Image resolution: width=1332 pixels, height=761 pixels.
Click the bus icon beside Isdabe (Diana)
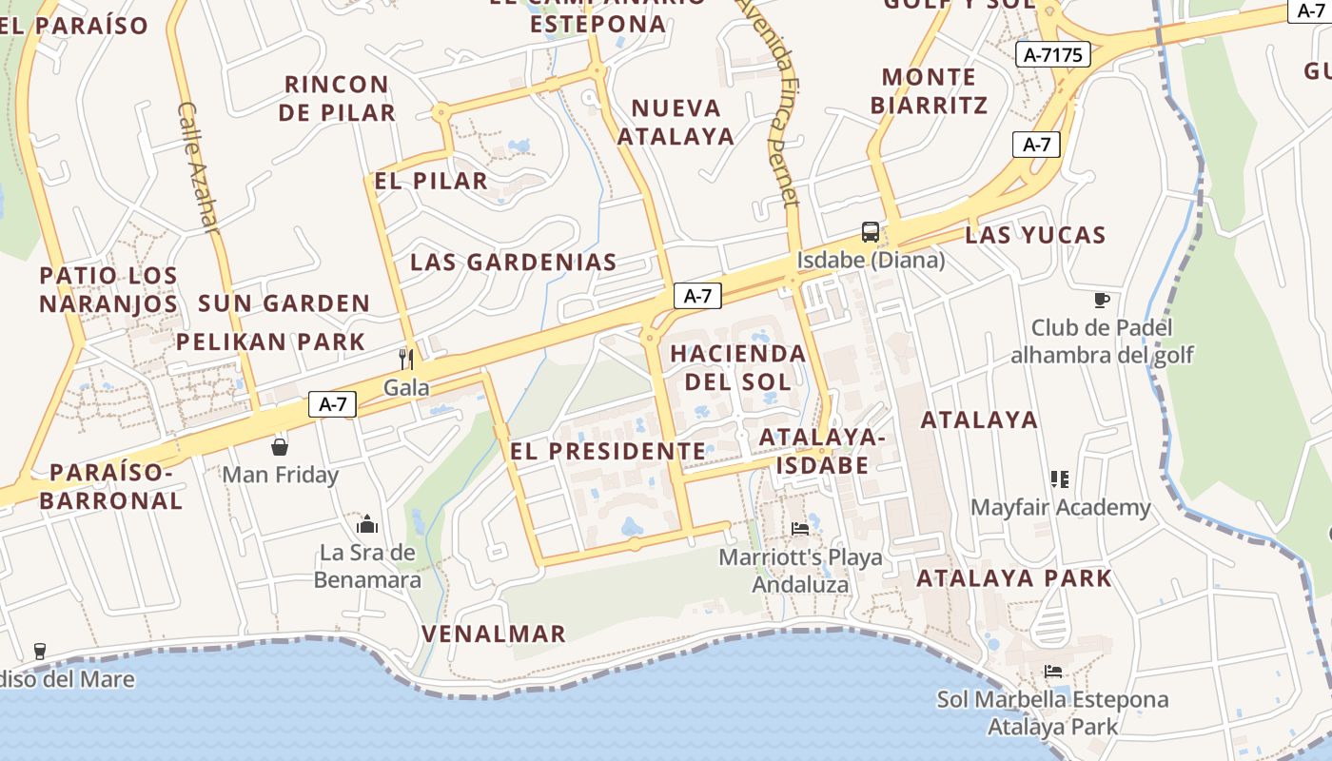tap(870, 231)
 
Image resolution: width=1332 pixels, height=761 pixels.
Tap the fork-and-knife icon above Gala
tap(406, 359)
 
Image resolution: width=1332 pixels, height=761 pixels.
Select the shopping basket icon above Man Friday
tap(280, 446)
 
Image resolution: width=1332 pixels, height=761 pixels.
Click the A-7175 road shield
tap(1052, 55)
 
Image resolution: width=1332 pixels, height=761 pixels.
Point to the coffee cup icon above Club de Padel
tap(1102, 301)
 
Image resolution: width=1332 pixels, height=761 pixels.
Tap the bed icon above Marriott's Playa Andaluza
tap(800, 528)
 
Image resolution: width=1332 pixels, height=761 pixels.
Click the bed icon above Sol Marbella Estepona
tap(1053, 672)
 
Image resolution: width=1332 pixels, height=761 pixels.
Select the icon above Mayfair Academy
tap(1060, 478)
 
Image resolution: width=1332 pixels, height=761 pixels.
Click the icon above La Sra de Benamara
tap(367, 524)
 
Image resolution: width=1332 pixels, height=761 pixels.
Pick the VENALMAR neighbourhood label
tap(494, 634)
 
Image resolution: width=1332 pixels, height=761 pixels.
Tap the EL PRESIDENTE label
tap(608, 451)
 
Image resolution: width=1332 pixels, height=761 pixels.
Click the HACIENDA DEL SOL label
tap(737, 367)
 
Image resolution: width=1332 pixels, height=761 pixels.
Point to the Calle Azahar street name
tap(199, 167)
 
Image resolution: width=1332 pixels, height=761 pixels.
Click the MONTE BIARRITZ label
tap(929, 90)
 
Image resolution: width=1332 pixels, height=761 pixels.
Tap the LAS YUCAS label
tap(1035, 235)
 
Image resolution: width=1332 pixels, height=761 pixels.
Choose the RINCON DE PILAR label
tap(338, 98)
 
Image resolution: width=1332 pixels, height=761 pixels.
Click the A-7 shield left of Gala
tap(332, 404)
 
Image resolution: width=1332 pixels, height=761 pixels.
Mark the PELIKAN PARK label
tap(270, 341)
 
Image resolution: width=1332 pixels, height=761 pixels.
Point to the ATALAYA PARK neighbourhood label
tap(1014, 577)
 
